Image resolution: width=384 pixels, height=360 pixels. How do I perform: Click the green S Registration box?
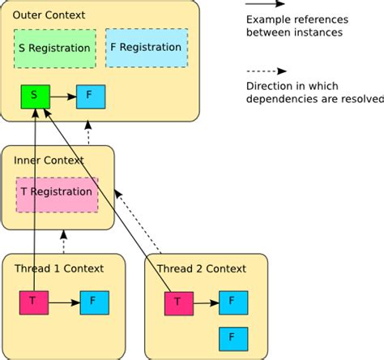pos(54,48)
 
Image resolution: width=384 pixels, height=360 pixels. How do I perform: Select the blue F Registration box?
pos(146,48)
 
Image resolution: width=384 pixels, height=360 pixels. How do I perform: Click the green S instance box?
pos(34,96)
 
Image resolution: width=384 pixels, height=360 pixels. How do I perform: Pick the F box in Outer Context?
pos(90,96)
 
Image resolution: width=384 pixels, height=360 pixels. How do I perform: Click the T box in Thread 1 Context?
pos(34,302)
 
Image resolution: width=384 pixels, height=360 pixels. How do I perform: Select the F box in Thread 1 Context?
pos(94,302)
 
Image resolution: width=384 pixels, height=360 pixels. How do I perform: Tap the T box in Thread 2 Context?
pos(178,304)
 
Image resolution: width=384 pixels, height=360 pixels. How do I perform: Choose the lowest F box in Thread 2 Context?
pos(233,336)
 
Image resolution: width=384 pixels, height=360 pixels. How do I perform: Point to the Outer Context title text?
pos(49,15)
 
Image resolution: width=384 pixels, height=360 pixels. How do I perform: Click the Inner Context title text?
pos(49,161)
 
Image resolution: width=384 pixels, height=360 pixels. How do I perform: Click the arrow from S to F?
pos(62,96)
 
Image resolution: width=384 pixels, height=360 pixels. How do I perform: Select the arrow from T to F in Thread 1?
pos(64,302)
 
